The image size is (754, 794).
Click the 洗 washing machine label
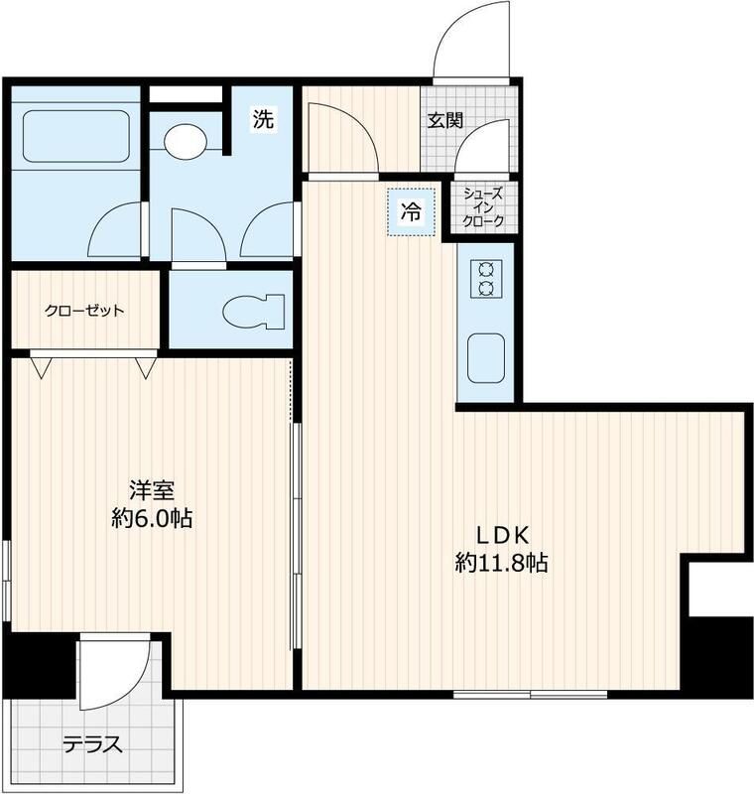pos(263,119)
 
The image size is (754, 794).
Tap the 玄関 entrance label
pos(445,120)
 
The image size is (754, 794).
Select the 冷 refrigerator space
pos(411,211)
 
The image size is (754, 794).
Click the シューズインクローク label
pos(484,207)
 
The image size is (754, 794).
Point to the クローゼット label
pos(84,310)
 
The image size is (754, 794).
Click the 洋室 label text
pos(152,490)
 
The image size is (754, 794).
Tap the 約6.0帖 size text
pos(152,518)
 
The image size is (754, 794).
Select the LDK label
pos(501,535)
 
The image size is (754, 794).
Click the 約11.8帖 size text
pos(501,563)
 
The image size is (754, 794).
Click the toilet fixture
pos(253,311)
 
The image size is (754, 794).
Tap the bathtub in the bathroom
pos(76,136)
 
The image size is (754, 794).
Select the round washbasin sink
pos(186,141)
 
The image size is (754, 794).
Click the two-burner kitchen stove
pos(486,279)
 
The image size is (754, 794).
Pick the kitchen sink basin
pos(486,358)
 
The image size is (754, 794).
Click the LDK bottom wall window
pos(531,694)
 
